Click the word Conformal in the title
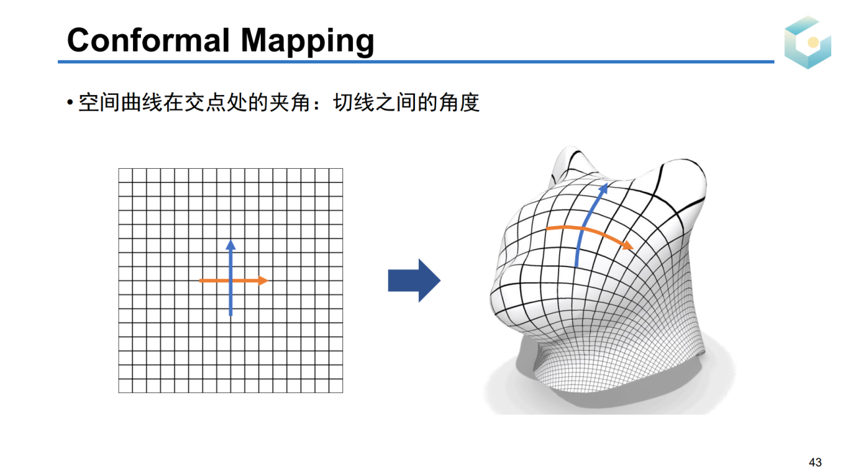148,40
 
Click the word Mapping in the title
308,42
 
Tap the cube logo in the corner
807,42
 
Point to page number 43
815,462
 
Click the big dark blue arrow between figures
414,280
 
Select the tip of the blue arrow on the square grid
231,239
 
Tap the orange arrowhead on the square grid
263,281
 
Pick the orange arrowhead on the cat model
628,245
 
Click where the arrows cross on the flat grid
231,281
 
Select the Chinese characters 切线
354,102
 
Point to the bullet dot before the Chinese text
70,102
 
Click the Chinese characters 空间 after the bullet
99,102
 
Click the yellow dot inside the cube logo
813,42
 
